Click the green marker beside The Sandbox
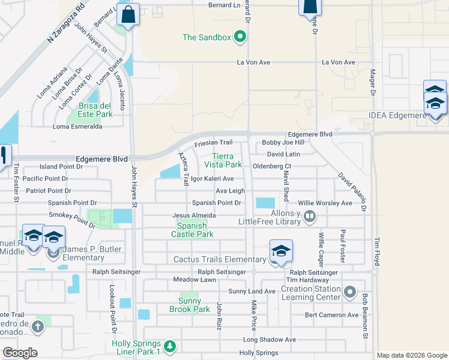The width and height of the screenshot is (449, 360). pos(240,38)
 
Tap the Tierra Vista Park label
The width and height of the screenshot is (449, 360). pos(223,160)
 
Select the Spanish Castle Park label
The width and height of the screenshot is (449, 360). pos(193,230)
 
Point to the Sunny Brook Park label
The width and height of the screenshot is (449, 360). pos(194,305)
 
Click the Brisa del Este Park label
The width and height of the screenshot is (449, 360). pos(95,110)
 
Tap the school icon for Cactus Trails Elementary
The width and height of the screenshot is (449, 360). pos(281,252)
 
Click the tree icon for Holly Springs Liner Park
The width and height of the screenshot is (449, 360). pos(170,346)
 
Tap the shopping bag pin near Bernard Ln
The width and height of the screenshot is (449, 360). pos(129,15)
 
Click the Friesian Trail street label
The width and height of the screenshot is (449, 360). pos(212,143)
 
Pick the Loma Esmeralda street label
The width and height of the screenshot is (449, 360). pos(77,127)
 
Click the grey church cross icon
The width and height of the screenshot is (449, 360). pos(37,327)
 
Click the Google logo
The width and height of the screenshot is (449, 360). pos(19,353)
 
